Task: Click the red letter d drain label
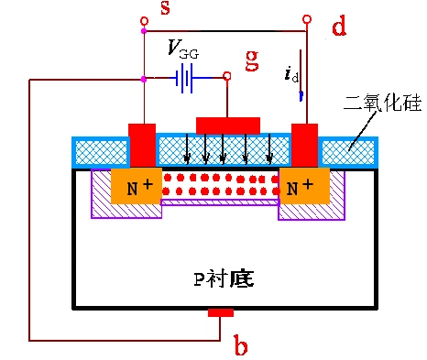click(x=338, y=27)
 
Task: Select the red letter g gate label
click(x=251, y=60)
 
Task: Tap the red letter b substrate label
click(x=240, y=346)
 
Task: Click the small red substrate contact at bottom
click(x=220, y=313)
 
